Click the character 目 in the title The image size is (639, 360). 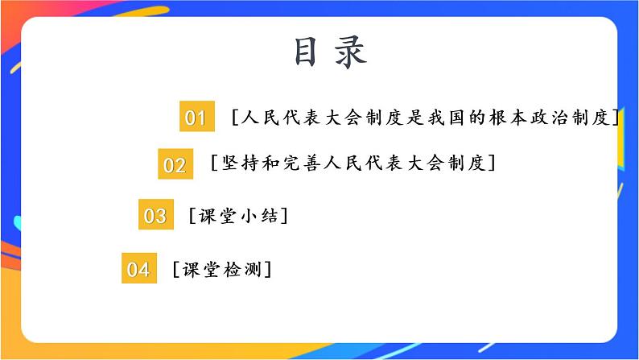(x=306, y=52)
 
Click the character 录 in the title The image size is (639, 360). (x=351, y=52)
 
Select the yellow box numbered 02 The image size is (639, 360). (x=175, y=165)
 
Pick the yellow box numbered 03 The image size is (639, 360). (x=155, y=216)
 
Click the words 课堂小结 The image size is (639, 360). (x=238, y=216)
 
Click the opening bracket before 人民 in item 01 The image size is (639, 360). (x=233, y=118)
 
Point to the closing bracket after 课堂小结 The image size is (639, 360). (x=286, y=216)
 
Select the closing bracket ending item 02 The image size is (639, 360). (x=491, y=163)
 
